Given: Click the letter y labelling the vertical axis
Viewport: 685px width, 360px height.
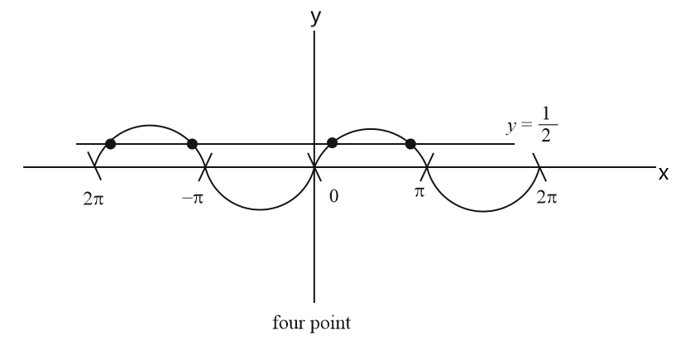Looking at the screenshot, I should (x=315, y=18).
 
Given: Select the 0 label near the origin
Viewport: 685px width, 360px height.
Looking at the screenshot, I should (x=334, y=199).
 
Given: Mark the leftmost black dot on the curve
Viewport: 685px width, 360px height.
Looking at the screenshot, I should (x=111, y=144).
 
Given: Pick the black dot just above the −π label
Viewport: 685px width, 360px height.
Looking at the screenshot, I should (x=193, y=144).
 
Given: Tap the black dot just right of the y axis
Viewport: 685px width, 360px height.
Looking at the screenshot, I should (x=332, y=143).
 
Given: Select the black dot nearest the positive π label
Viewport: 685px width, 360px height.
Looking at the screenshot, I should (x=410, y=144).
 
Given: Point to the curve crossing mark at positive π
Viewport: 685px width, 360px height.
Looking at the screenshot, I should (x=426, y=168).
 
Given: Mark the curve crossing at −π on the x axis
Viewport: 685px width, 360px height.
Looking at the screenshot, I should (x=205, y=168).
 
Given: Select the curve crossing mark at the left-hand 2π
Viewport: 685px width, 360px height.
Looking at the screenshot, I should (x=95, y=168).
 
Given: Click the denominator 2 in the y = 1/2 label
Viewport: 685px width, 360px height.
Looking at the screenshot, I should (x=544, y=137).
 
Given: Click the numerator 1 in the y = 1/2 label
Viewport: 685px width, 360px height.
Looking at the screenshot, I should (x=544, y=118).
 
